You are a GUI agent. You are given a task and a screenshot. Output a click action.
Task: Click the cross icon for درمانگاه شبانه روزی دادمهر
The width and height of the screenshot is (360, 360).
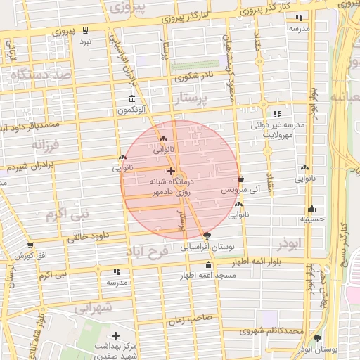pos(171,172)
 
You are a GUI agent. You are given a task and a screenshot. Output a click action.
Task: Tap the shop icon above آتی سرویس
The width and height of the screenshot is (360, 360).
pos(241,179)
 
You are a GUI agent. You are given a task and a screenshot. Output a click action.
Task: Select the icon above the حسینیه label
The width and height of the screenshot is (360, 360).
pos(312,209)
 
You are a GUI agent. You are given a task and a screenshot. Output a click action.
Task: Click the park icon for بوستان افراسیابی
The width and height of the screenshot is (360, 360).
pos(205,236)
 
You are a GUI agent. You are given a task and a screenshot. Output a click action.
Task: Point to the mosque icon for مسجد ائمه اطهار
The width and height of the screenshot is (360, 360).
pos(208,265)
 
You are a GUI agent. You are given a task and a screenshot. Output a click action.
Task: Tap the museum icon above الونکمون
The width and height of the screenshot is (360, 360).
pos(131,99)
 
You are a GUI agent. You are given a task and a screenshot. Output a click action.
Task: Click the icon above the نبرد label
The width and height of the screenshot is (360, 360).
pos(85,30)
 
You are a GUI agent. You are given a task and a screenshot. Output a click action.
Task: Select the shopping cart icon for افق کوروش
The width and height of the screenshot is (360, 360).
pos(30,245)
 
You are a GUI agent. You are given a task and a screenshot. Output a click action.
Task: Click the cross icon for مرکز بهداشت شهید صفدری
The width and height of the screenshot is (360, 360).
pos(115,335)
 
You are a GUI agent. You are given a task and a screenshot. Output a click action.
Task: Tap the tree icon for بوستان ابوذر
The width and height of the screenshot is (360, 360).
pos(317,338)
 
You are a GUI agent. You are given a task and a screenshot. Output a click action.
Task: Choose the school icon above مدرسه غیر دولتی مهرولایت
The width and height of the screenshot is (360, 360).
pos(277,114)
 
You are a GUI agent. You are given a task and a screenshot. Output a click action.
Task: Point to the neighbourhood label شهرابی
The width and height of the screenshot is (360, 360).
pos(93,307)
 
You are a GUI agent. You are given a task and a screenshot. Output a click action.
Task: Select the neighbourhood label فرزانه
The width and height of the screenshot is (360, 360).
pos(29,145)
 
